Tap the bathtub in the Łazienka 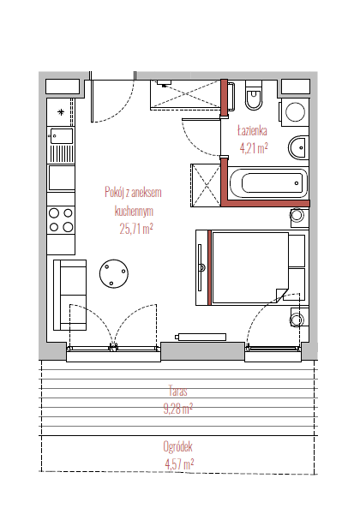pyautogui.click(x=269, y=182)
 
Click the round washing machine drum pyautogui.click(x=296, y=111)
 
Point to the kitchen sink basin pyautogui.click(x=62, y=136)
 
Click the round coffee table pyautogui.click(x=114, y=273)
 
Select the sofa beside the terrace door pyautogui.click(x=70, y=295)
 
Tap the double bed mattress pyautogui.click(x=249, y=267)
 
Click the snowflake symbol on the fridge pyautogui.click(x=61, y=112)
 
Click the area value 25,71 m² pyautogui.click(x=136, y=229)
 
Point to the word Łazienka pyautogui.click(x=252, y=130)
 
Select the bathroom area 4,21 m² pyautogui.click(x=254, y=148)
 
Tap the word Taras pyautogui.click(x=177, y=391)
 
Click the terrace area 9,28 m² pyautogui.click(x=177, y=409)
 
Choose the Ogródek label pyautogui.click(x=177, y=446)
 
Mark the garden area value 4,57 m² pyautogui.click(x=179, y=463)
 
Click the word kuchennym pyautogui.click(x=134, y=211)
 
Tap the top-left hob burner pyautogui.click(x=54, y=212)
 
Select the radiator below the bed pyautogui.click(x=201, y=337)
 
